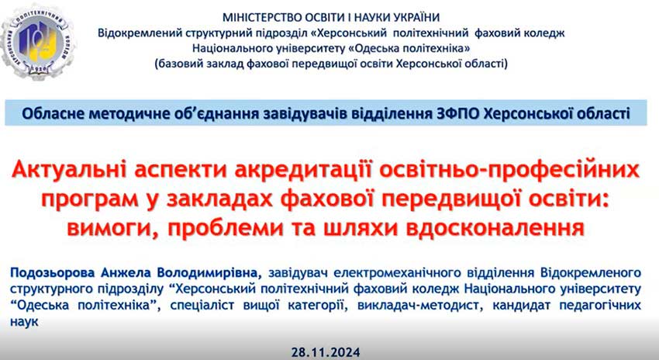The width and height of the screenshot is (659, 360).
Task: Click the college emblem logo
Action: [37, 43]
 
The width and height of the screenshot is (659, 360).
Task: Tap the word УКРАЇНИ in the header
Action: [416, 18]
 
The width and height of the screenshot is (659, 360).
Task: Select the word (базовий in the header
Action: [178, 64]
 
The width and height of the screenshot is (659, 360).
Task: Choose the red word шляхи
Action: [361, 228]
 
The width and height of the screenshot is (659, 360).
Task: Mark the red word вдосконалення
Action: [495, 228]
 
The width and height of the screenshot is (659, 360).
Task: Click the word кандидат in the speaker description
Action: [521, 306]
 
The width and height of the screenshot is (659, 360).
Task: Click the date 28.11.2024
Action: [326, 352]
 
